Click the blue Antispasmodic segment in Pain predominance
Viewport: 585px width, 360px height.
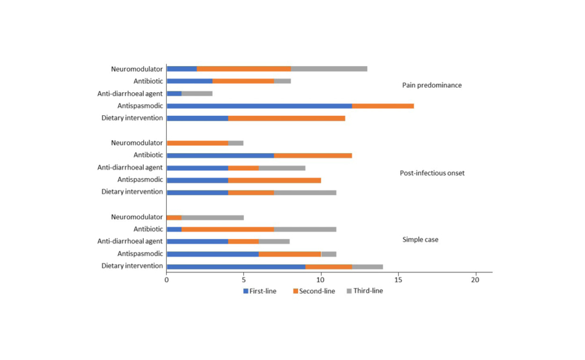pos(259,106)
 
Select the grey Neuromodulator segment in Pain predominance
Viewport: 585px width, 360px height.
pos(329,69)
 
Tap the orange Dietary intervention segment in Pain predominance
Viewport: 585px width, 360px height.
pos(286,118)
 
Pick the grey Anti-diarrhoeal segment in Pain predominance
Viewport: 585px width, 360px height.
pos(197,93)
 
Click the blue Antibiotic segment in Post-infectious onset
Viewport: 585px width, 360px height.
pos(220,155)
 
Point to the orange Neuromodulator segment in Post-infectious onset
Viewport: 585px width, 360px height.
pos(197,143)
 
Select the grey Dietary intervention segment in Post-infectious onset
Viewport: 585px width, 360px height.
pos(305,192)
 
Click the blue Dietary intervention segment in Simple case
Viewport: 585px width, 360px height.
pos(236,267)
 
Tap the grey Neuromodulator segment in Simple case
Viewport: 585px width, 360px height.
pos(212,217)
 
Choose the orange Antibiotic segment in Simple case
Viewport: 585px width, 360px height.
pos(228,229)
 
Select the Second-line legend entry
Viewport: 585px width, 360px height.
pos(317,291)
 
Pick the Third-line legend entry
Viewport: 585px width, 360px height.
pos(368,291)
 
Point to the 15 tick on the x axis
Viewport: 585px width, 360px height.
pos(398,280)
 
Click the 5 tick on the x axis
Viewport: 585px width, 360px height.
pos(244,280)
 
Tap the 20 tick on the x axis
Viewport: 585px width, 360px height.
pos(476,280)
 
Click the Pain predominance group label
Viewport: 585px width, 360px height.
pos(432,85)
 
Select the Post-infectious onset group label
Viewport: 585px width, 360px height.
pos(432,173)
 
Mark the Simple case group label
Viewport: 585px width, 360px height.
pos(420,239)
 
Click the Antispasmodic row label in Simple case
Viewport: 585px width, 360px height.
pos(140,254)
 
